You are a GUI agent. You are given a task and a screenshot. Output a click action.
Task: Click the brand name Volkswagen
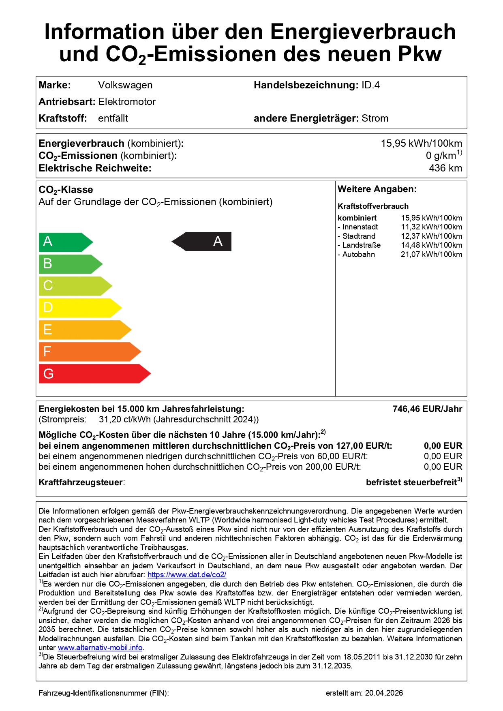(x=125, y=85)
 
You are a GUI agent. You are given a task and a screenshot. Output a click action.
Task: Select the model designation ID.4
(x=370, y=85)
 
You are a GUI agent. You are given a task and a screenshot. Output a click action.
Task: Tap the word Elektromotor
(x=127, y=102)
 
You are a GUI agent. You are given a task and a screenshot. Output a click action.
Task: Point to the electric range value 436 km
(x=445, y=168)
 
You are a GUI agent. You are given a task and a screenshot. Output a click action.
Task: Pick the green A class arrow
(x=65, y=242)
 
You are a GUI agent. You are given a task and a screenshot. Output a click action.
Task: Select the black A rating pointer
(x=203, y=242)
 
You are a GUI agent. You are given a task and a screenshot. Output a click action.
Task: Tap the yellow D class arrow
(x=79, y=308)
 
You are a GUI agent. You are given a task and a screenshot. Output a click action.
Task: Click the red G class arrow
(x=93, y=374)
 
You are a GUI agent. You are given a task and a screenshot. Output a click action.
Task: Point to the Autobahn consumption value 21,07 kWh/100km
(x=431, y=255)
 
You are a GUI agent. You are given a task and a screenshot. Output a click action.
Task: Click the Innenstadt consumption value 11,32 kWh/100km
(x=431, y=227)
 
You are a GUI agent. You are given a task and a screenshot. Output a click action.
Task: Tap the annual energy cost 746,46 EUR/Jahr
(x=427, y=409)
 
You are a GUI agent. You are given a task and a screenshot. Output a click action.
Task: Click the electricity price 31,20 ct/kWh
(x=125, y=420)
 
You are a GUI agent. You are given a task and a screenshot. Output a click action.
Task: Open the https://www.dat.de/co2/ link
(x=187, y=575)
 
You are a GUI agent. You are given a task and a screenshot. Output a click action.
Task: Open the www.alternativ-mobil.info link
(x=100, y=648)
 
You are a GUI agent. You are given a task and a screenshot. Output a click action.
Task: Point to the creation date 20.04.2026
(x=384, y=693)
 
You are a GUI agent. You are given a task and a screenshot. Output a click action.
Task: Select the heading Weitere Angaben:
(x=377, y=189)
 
